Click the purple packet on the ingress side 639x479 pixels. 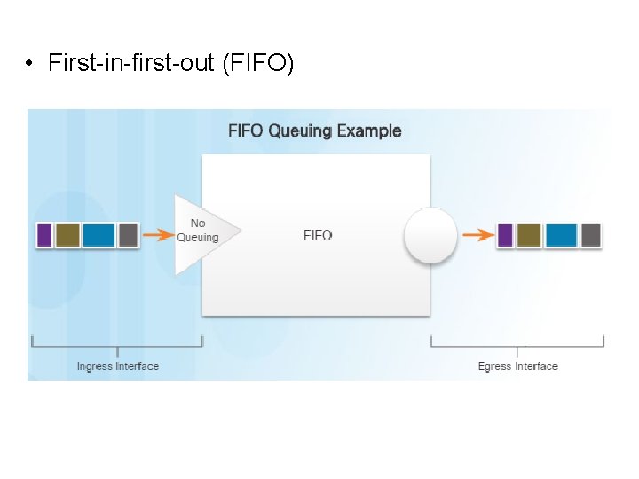(x=44, y=235)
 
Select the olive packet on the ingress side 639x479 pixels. (x=67, y=235)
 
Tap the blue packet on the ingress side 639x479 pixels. (x=99, y=235)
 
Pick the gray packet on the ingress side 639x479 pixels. (x=128, y=235)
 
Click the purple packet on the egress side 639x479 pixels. (x=505, y=235)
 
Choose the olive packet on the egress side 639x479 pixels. (x=529, y=235)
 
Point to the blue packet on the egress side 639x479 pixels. (x=561, y=235)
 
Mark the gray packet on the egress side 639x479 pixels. (x=591, y=235)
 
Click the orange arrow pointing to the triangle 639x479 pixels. (x=159, y=235)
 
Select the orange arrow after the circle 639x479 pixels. (x=478, y=235)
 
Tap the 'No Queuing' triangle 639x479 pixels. (x=199, y=232)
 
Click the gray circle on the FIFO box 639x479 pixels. (x=430, y=236)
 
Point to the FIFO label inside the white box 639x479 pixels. (x=318, y=235)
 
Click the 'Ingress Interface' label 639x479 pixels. (x=118, y=366)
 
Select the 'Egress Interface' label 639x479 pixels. (x=518, y=366)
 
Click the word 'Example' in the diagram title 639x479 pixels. (x=369, y=131)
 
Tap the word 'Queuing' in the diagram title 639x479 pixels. (x=299, y=131)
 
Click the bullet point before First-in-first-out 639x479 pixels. (x=29, y=64)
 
